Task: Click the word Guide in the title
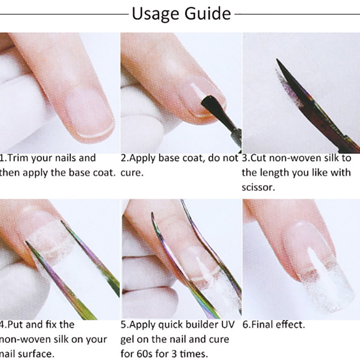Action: pos(207,13)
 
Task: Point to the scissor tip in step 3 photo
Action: pos(277,60)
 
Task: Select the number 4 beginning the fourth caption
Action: pos(2,324)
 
